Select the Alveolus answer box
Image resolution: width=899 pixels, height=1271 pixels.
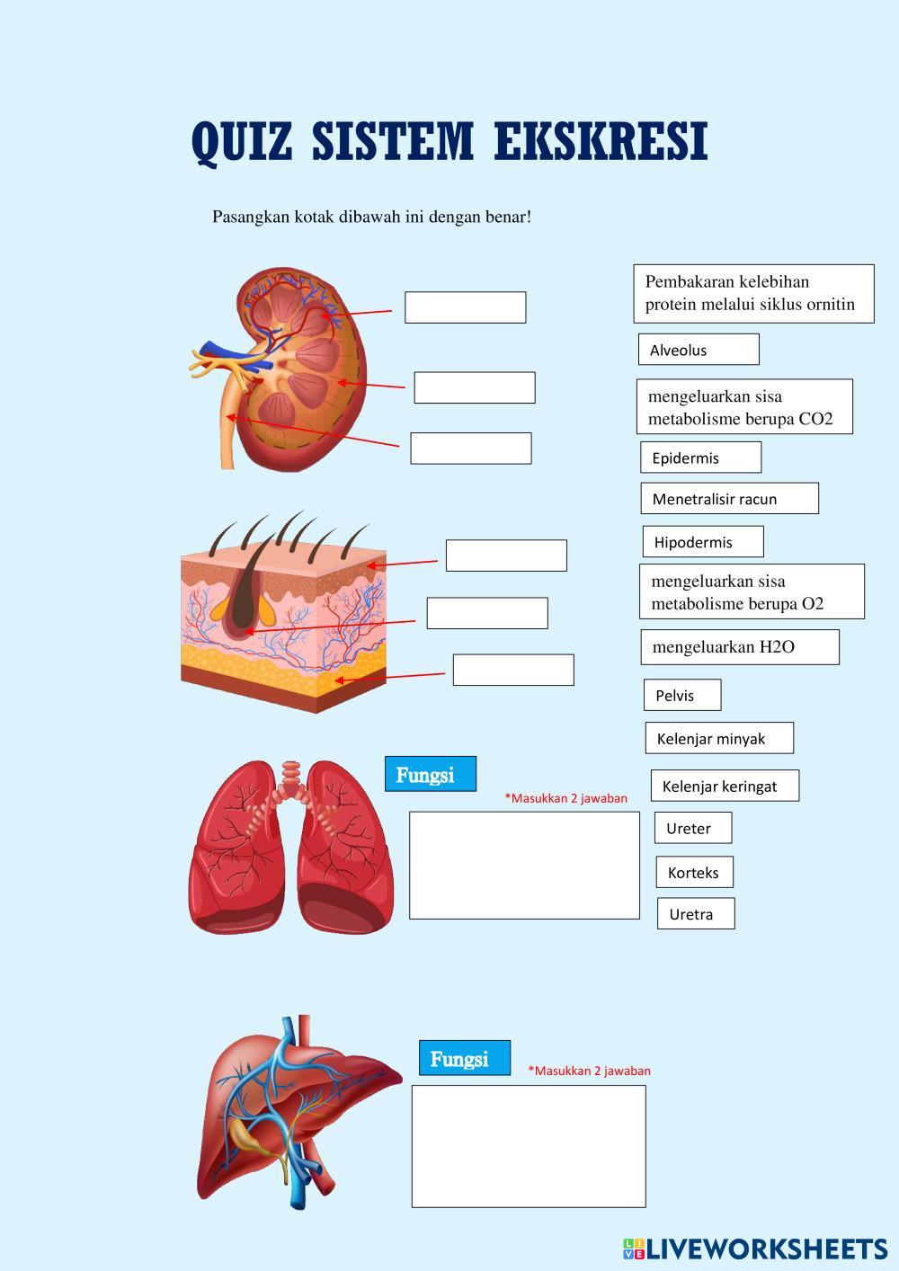(x=699, y=350)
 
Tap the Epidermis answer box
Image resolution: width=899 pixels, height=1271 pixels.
(x=700, y=458)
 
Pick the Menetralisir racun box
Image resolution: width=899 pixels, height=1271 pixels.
(x=729, y=499)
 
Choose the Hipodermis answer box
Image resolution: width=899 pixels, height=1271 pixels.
(x=702, y=542)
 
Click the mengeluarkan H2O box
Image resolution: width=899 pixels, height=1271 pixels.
(x=739, y=647)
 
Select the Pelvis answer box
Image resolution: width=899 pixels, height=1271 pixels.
(x=681, y=695)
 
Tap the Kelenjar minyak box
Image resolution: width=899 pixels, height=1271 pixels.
(x=718, y=738)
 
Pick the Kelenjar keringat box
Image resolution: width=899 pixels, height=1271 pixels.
(x=724, y=786)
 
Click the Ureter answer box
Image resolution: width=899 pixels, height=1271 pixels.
(x=692, y=828)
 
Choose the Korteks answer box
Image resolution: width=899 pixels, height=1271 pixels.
(x=694, y=872)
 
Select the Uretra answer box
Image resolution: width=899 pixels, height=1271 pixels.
(x=695, y=913)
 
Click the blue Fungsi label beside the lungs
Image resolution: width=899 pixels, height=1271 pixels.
(x=430, y=774)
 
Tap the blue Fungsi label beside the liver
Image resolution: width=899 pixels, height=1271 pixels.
(x=464, y=1058)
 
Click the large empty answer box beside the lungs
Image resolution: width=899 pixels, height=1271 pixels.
(x=524, y=865)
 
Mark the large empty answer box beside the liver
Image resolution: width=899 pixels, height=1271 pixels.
(x=529, y=1145)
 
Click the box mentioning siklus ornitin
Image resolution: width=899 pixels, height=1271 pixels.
(x=753, y=293)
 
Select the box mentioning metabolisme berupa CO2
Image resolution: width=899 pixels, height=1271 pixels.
(x=745, y=407)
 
